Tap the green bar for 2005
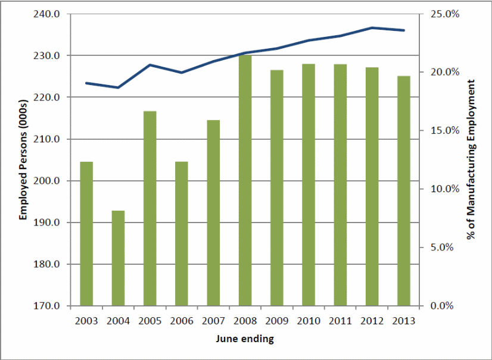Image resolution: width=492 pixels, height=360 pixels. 150,208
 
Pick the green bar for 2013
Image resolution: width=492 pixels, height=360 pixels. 403,191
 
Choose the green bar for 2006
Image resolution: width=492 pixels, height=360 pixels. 182,234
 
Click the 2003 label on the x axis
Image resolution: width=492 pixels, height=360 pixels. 86,321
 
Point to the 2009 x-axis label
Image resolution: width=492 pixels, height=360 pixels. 276,321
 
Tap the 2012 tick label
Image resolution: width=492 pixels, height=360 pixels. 372,321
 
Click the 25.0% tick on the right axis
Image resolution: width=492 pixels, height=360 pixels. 441,14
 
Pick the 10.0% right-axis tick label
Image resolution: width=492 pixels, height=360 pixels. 441,189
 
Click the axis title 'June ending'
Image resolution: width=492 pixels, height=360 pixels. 245,340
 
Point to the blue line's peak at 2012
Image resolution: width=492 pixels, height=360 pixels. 372,27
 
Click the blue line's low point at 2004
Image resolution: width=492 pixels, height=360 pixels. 118,87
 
